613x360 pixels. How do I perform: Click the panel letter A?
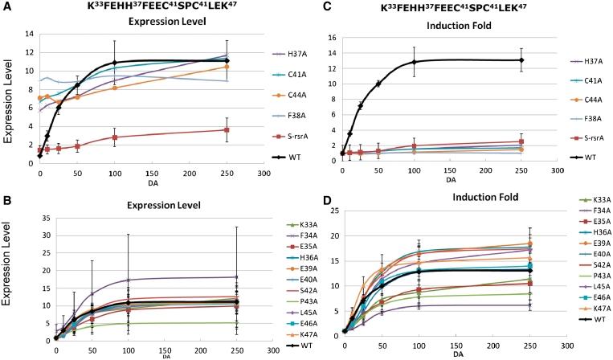(6, 6)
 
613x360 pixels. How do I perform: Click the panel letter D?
(314, 191)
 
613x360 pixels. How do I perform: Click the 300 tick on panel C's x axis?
(560, 169)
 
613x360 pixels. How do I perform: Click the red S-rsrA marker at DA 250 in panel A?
(227, 129)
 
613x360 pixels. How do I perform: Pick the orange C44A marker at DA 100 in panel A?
(115, 88)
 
